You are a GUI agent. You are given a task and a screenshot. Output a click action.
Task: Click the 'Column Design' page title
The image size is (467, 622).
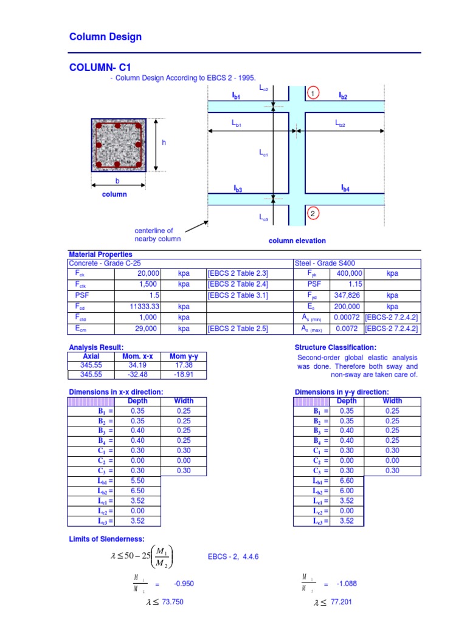(106, 37)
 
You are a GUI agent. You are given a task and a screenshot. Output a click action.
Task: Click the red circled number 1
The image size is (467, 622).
(312, 94)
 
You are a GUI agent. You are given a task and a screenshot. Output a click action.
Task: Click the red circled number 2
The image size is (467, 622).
(312, 214)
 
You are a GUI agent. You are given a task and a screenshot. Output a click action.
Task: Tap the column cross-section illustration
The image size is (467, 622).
(119, 145)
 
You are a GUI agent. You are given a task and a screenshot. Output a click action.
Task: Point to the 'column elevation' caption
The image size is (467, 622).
(297, 241)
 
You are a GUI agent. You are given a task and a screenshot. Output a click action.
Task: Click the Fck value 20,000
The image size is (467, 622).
(147, 274)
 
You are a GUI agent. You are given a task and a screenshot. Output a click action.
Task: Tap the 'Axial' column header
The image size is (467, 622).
(91, 357)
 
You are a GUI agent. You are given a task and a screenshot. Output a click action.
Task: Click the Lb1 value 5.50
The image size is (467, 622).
(138, 480)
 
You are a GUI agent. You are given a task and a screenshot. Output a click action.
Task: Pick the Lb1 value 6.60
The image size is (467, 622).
(347, 480)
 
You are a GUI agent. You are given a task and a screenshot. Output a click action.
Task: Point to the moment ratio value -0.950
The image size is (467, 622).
(183, 584)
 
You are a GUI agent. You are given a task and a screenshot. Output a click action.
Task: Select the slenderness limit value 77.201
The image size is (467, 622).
(341, 602)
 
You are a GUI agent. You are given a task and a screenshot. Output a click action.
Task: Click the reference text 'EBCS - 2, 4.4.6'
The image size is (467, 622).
(233, 556)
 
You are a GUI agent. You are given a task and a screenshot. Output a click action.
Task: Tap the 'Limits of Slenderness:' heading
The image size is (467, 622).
(106, 539)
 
